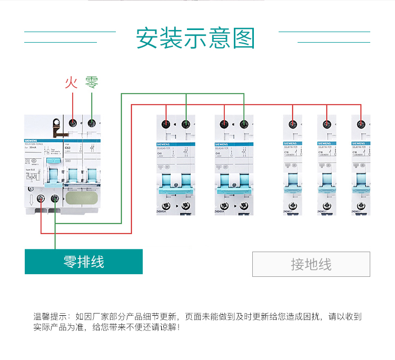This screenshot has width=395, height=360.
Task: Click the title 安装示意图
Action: [x=195, y=38]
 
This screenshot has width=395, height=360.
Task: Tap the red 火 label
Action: [x=71, y=83]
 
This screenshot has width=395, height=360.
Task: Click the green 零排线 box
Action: [x=84, y=262]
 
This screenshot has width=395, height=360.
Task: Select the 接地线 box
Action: [x=311, y=264]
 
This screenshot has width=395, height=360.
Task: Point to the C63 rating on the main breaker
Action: [x=67, y=148]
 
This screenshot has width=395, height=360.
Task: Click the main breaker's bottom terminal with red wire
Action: [x=41, y=199]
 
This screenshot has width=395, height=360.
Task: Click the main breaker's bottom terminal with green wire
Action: [x=54, y=199]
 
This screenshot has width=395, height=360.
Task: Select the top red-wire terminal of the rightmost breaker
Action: [x=361, y=125]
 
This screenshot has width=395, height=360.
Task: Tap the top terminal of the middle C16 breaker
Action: [x=327, y=125]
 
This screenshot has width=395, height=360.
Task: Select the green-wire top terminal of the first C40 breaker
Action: [x=186, y=125]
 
